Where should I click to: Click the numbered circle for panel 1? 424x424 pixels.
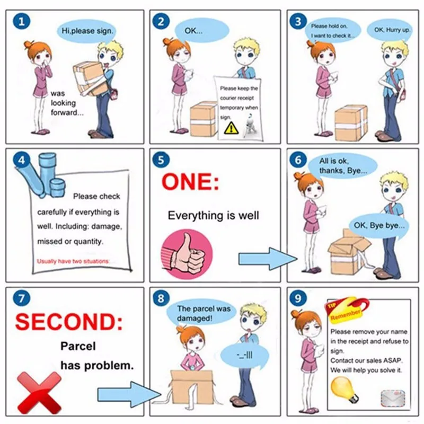22,21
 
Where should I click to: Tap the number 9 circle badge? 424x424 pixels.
298,298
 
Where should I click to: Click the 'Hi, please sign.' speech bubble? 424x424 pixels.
86,31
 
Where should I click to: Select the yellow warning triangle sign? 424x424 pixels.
231,128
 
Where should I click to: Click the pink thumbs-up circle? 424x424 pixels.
187,254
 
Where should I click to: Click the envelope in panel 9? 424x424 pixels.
393,398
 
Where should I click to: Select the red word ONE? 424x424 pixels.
190,182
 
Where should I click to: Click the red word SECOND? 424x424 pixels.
69,322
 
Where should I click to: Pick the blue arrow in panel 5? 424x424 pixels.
268,259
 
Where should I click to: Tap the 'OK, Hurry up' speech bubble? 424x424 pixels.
390,30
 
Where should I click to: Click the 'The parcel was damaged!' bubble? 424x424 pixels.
201,313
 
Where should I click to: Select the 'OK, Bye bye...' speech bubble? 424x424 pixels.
378,226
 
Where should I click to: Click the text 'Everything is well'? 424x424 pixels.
213,216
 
